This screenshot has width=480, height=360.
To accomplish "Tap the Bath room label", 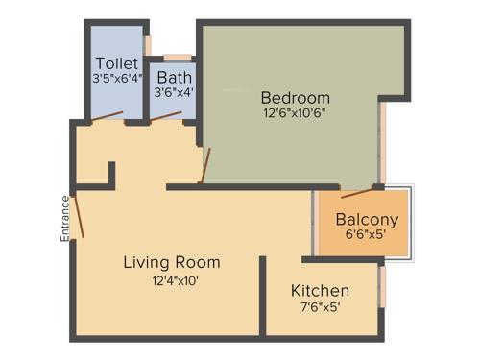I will click(174, 77).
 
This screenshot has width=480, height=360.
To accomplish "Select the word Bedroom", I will click(296, 98).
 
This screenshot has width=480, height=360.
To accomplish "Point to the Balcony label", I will click(367, 219).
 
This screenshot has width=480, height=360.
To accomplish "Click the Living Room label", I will click(172, 262).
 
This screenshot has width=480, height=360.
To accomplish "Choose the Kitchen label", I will click(320, 291).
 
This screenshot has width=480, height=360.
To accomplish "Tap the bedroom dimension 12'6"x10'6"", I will click(296, 114).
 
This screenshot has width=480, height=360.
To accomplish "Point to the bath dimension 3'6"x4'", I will click(174, 93).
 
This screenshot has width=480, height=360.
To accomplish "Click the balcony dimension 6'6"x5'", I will click(367, 235).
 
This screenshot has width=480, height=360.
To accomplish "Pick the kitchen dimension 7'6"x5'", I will click(320, 307).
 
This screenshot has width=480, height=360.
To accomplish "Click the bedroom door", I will click(204, 165).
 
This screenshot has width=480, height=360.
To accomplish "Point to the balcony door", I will click(358, 192).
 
